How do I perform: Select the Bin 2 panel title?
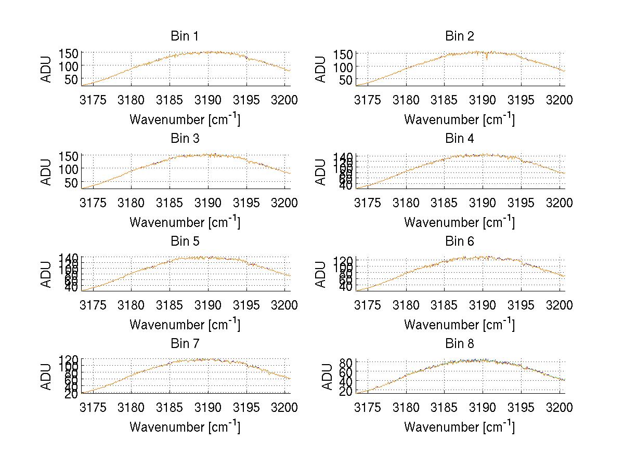(459, 36)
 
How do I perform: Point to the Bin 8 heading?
(459, 344)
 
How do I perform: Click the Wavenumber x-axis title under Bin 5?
(184, 325)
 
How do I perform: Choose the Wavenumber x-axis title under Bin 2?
(459, 119)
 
